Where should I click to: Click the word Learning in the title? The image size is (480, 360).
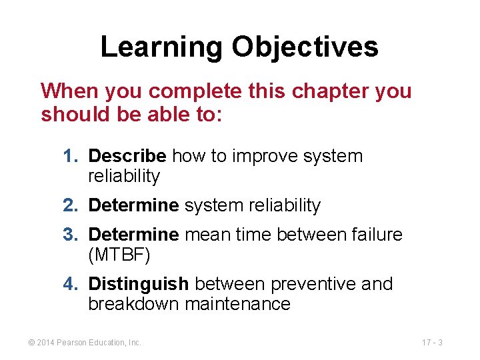pyautogui.click(x=161, y=47)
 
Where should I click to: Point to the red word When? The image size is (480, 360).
pyautogui.click(x=67, y=91)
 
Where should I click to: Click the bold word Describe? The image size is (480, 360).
pyautogui.click(x=127, y=156)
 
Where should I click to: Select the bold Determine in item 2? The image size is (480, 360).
pyautogui.click(x=133, y=206)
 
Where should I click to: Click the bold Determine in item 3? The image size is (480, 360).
pyautogui.click(x=133, y=235)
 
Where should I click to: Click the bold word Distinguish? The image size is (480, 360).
pyautogui.click(x=139, y=284)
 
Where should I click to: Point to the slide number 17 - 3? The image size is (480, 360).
pyautogui.click(x=432, y=343)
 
